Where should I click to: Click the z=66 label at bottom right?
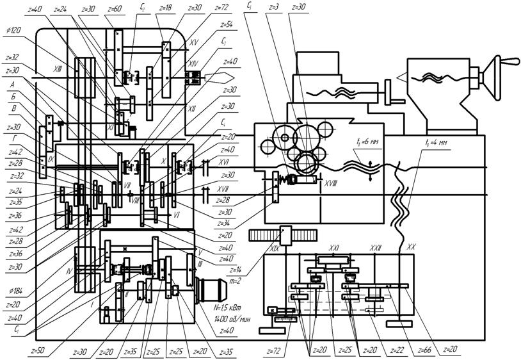pyautogui.click(x=423, y=351)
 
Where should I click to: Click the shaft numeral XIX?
pyautogui.click(x=275, y=247)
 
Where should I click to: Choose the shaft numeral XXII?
pyautogui.click(x=376, y=247)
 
